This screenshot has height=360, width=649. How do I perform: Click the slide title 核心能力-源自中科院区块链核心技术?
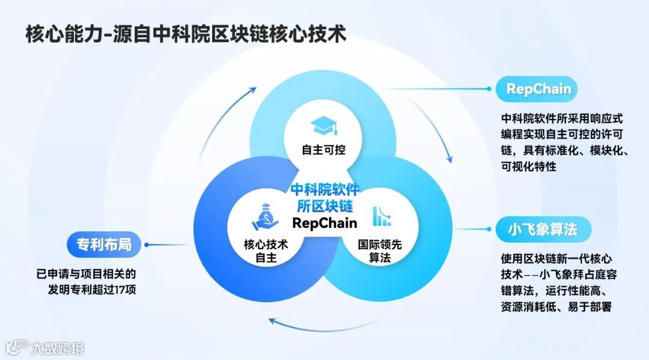pos(186,34)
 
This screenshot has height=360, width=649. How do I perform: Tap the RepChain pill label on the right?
pos(538,90)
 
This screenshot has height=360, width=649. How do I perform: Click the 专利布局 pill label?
pos(104,245)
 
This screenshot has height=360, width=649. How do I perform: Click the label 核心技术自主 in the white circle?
pos(265,252)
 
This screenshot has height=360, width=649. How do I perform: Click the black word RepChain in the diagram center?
pos(324,223)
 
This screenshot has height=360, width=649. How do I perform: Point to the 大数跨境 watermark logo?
pos(45,347)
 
